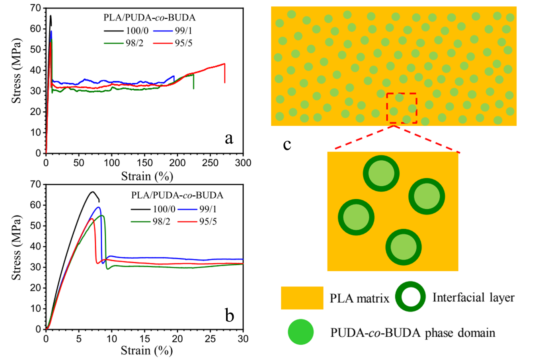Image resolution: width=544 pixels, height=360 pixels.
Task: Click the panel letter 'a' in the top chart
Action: pyautogui.click(x=229, y=138)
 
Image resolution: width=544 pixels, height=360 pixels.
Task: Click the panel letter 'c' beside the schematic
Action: pyautogui.click(x=287, y=144)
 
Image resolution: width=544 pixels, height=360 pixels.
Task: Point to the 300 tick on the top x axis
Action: pyautogui.click(x=243, y=163)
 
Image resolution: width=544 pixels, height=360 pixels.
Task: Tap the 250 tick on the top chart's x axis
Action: pyautogui.click(x=210, y=163)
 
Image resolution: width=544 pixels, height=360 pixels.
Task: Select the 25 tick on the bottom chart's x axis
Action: pyautogui.click(x=210, y=339)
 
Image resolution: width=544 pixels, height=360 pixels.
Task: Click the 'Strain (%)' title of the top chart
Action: pyautogui.click(x=147, y=176)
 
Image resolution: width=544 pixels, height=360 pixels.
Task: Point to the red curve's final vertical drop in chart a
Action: pyautogui.click(x=225, y=74)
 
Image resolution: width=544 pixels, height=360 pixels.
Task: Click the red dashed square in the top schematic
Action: pyautogui.click(x=402, y=108)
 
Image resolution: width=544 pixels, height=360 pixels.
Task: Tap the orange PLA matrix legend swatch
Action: pyautogui.click(x=302, y=298)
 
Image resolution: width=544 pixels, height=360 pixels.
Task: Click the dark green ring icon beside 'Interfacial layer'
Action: pyautogui.click(x=411, y=297)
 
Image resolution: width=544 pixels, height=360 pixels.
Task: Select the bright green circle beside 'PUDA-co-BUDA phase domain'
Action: pyautogui.click(x=301, y=332)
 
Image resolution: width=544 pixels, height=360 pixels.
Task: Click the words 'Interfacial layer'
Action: pyautogui.click(x=473, y=298)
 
